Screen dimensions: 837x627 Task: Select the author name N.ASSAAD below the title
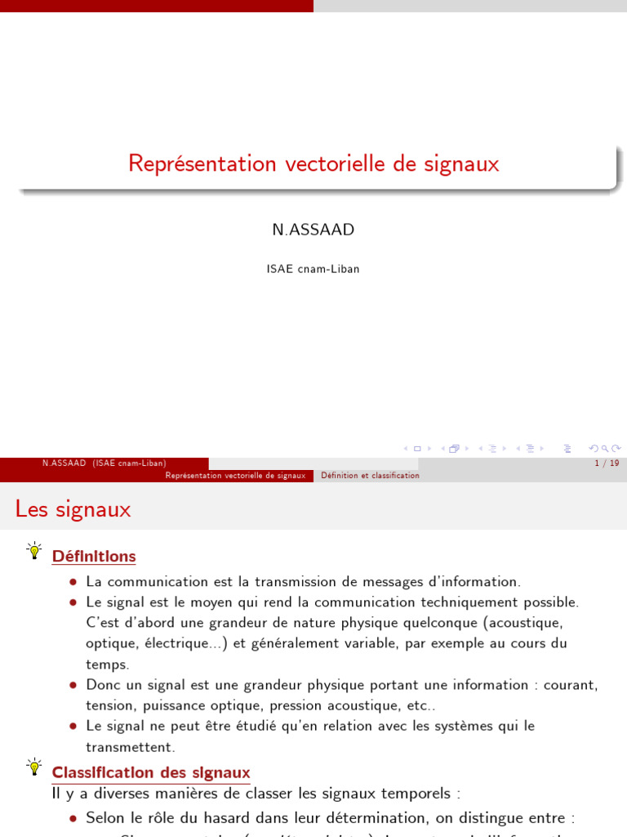point(313,230)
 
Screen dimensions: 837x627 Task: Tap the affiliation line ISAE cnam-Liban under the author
point(313,269)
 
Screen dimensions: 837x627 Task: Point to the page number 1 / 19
point(607,463)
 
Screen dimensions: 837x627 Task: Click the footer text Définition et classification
point(370,476)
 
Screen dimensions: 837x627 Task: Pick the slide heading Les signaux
point(73,509)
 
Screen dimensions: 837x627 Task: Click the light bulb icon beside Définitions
point(34,551)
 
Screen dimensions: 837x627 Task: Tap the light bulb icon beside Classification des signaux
point(34,767)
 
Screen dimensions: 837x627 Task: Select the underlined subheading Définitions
point(94,557)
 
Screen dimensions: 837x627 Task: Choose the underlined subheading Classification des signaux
point(151,772)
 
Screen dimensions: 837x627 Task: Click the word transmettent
point(131,747)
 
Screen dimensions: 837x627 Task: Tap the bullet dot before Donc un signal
point(73,685)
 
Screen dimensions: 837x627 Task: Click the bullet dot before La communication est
point(73,582)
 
